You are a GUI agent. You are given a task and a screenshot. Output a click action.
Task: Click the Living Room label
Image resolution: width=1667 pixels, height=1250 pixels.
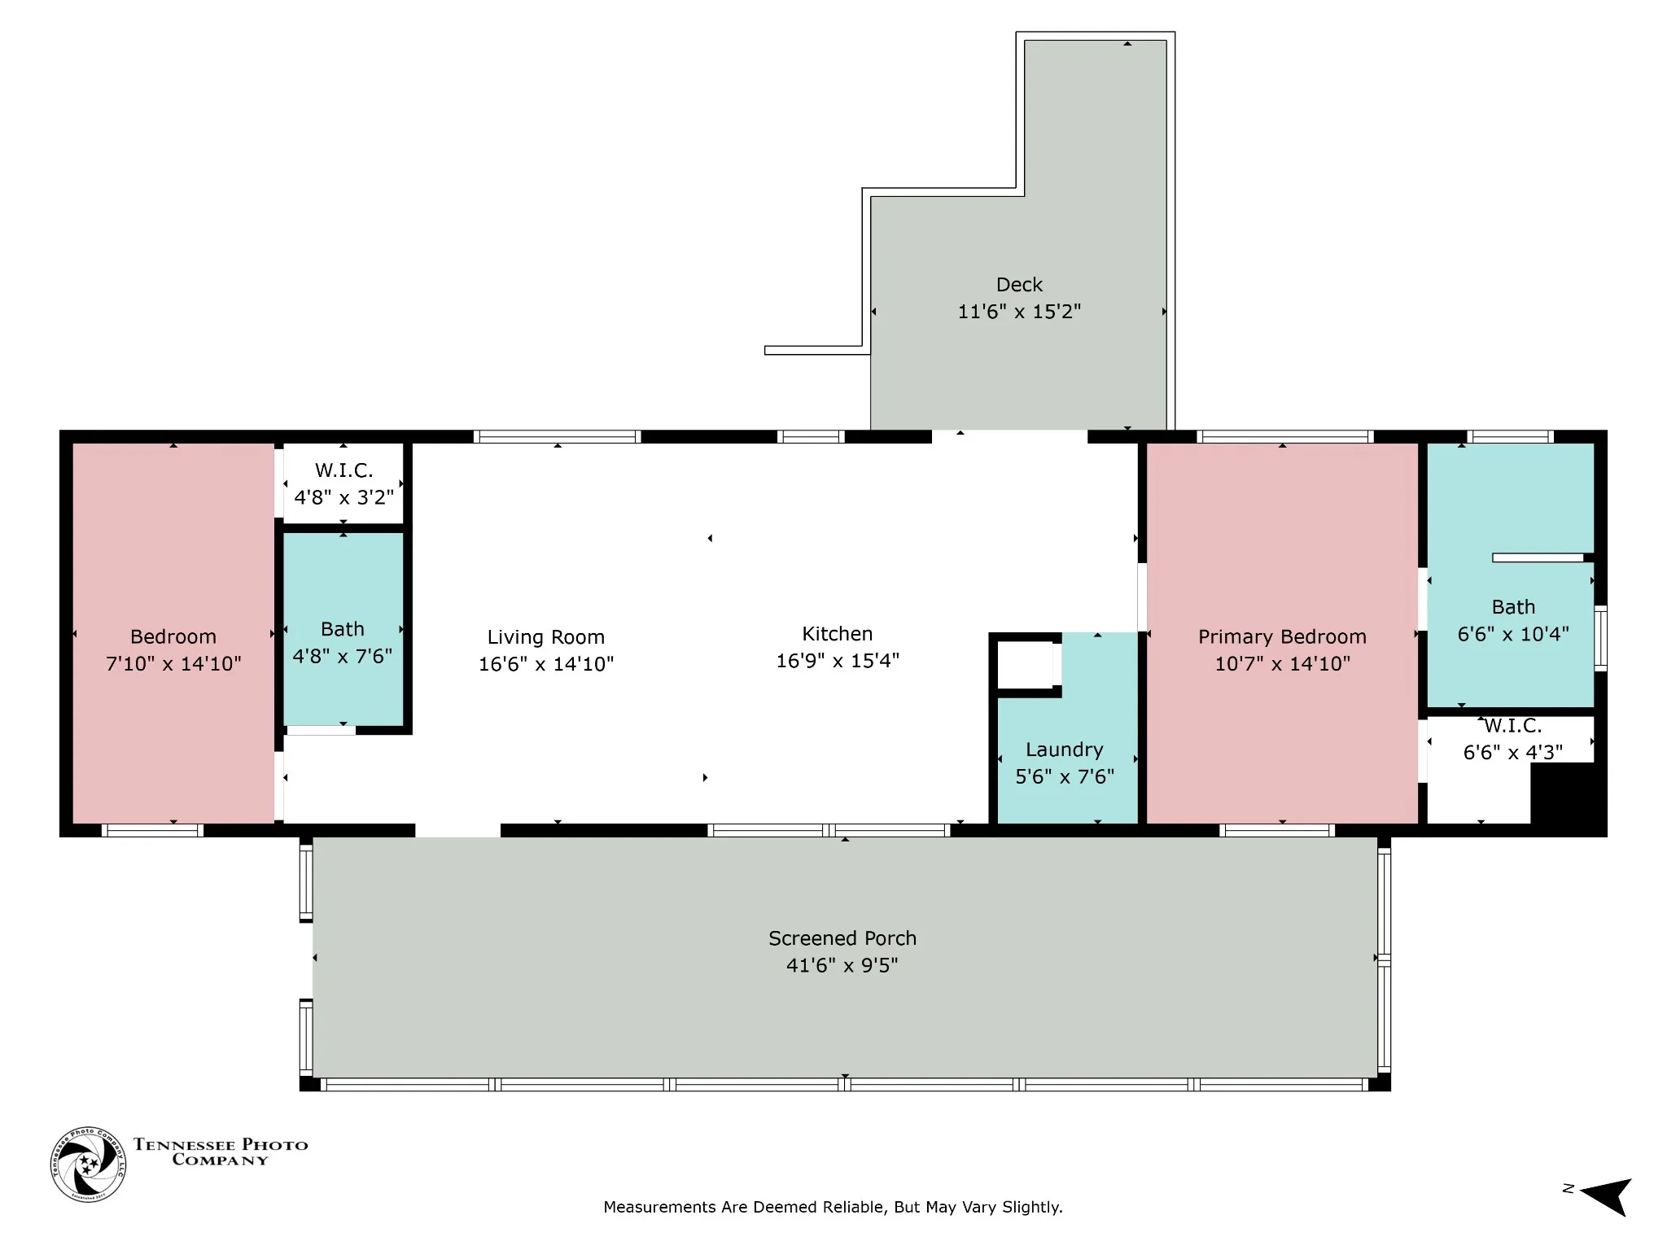click(545, 637)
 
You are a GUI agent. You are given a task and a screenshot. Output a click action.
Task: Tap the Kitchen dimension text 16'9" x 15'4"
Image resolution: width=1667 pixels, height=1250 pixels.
click(838, 660)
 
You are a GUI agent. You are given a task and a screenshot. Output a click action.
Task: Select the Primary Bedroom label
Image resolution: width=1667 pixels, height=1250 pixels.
click(1282, 637)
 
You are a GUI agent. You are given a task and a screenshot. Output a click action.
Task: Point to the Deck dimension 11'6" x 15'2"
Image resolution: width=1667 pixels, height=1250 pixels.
click(1019, 312)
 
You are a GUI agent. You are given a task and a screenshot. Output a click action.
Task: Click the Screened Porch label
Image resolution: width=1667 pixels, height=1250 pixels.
click(842, 938)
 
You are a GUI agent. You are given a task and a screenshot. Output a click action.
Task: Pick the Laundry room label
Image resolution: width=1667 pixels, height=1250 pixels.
click(1065, 750)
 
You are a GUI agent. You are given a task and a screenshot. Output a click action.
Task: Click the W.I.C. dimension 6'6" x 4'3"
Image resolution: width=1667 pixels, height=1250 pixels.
click(1513, 753)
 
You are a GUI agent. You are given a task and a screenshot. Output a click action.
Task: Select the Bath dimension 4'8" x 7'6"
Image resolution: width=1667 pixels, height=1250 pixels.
click(343, 656)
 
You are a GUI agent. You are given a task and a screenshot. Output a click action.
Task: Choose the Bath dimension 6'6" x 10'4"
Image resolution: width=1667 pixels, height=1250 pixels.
click(1513, 634)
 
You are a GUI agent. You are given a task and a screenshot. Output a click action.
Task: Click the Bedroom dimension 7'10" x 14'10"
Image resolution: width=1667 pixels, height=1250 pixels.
click(173, 663)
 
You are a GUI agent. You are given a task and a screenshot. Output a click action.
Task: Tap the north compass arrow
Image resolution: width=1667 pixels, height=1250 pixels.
click(1605, 1195)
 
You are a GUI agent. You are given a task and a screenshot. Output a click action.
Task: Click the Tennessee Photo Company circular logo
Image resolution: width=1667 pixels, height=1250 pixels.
click(88, 1165)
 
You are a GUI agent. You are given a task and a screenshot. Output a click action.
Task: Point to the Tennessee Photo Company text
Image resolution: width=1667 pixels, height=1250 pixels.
click(221, 1152)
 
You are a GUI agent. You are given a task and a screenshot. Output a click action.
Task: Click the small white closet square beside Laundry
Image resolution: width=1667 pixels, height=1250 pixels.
click(1026, 665)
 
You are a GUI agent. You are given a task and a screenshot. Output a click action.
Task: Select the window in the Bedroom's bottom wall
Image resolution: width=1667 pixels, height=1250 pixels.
click(152, 831)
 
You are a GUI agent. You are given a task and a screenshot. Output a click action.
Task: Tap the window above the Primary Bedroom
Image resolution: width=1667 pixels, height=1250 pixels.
click(1285, 437)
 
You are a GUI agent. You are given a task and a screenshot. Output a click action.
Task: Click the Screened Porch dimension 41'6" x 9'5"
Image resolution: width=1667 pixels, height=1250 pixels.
click(842, 965)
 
